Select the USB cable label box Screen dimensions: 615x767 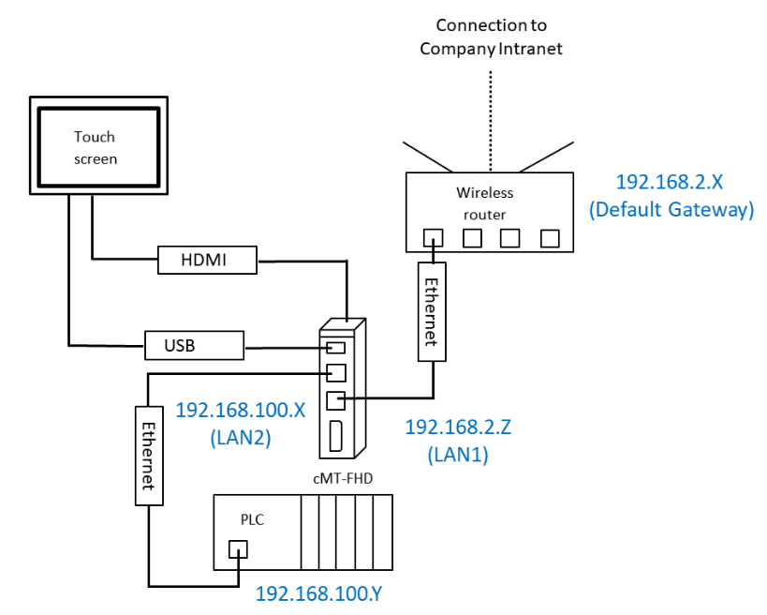(194, 345)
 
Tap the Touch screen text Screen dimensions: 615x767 (96, 148)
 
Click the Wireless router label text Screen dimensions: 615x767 (485, 202)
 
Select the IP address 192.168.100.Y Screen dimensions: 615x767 (324, 594)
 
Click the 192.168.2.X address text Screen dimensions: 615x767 (671, 182)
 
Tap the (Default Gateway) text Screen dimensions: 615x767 (671, 210)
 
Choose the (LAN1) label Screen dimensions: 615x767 (458, 456)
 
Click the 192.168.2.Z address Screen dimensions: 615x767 (458, 427)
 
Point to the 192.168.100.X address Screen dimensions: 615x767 (241, 410)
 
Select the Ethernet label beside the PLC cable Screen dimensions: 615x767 (148, 455)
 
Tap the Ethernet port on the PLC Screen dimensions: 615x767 (238, 550)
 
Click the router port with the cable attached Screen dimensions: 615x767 (433, 238)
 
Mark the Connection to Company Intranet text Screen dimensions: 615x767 (491, 37)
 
